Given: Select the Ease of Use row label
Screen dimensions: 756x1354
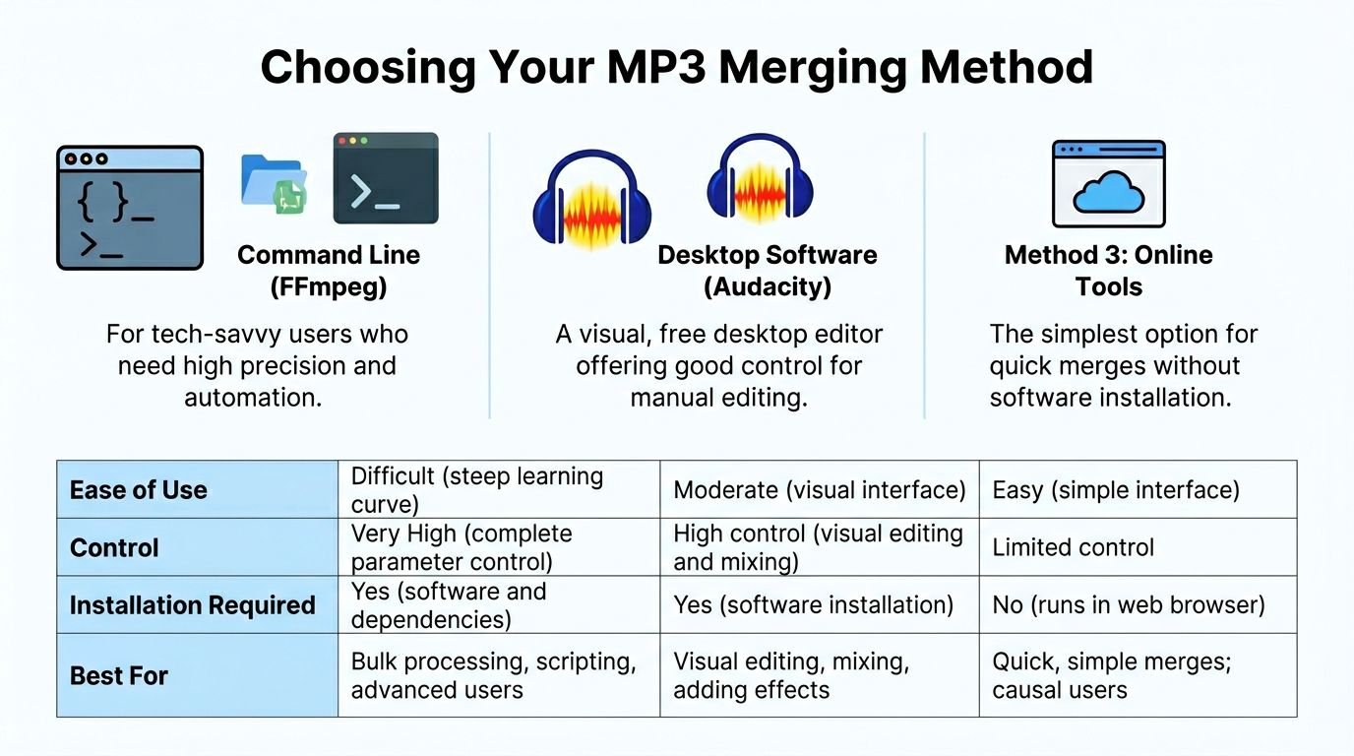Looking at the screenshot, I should [x=139, y=490].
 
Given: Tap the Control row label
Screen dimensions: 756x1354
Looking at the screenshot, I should [x=114, y=547].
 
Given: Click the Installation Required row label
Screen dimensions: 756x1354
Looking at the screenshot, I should [x=193, y=605].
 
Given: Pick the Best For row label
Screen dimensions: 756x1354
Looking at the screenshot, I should [x=119, y=676].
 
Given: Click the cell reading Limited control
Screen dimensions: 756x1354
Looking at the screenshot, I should [x=1073, y=547].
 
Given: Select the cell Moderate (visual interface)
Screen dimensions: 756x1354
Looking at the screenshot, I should [x=819, y=489].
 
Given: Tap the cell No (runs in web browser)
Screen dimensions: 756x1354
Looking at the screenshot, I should [x=1128, y=604].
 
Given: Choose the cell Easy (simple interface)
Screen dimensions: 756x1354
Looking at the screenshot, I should [x=1116, y=489].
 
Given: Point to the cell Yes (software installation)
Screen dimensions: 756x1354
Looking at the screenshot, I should [x=813, y=604].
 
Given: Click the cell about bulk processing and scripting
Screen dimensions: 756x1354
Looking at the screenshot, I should [x=493, y=675].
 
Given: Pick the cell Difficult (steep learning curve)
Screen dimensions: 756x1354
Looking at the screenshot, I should [x=476, y=489].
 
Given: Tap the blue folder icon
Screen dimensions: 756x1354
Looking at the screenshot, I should [x=272, y=183].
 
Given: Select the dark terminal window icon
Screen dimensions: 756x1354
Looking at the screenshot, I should [x=385, y=178].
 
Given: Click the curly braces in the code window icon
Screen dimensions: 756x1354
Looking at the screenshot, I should [x=103, y=204].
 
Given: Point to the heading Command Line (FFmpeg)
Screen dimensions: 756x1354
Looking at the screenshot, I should [x=329, y=271].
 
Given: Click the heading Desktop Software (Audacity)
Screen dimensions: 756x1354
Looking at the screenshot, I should [x=768, y=271].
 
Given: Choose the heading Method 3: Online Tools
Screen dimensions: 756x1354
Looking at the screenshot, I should [x=1108, y=271].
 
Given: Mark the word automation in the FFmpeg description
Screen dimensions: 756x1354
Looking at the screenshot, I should [x=253, y=398].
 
